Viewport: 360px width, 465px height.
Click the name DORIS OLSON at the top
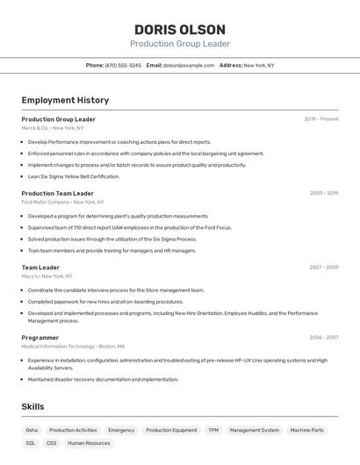[179, 29]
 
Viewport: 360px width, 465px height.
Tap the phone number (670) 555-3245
[123, 65]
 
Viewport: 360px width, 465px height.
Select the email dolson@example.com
[189, 65]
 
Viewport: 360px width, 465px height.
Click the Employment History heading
[65, 100]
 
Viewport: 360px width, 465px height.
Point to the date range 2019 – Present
[321, 118]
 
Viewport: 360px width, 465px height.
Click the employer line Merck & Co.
[52, 127]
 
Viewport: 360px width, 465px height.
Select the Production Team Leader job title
[57, 193]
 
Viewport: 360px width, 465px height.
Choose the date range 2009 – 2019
[324, 193]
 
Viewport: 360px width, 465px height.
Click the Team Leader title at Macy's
[40, 267]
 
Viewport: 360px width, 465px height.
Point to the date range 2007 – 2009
[324, 267]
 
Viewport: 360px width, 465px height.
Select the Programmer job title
[40, 337]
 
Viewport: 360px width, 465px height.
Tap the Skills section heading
[32, 406]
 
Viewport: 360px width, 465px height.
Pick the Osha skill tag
[32, 430]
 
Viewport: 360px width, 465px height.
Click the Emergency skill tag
[121, 430]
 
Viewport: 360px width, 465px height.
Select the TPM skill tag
[213, 430]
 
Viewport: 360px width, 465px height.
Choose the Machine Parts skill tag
[307, 430]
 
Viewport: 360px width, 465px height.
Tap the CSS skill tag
[52, 443]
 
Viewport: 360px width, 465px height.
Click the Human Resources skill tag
[89, 443]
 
